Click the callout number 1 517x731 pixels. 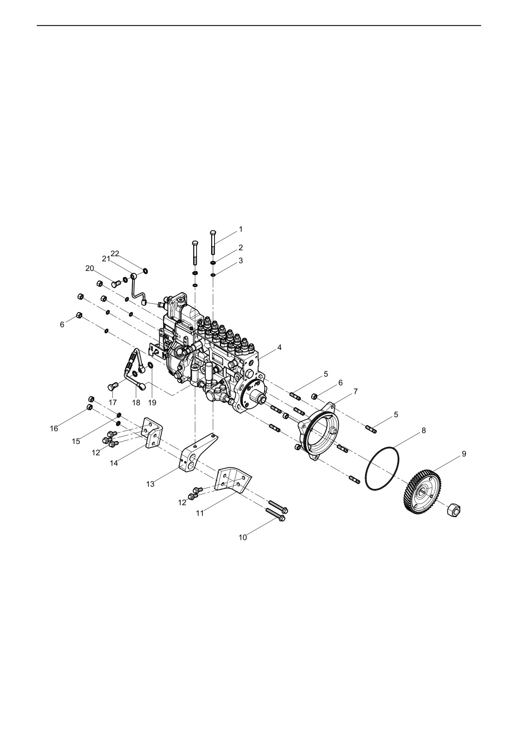(240, 229)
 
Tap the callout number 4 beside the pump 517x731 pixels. (279, 347)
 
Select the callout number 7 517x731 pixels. (355, 391)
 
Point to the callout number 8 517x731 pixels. (424, 430)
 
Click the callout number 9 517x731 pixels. (464, 454)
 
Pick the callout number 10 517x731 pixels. (242, 537)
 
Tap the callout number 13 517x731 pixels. (150, 484)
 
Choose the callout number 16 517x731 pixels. (54, 429)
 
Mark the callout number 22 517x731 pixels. (115, 254)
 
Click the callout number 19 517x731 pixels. (152, 403)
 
